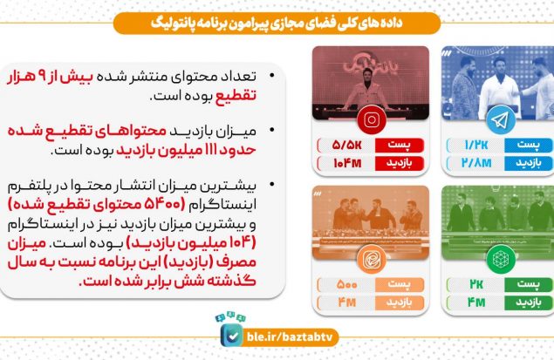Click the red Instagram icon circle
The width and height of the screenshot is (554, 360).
click(x=371, y=120)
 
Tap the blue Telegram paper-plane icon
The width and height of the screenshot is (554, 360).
click(x=500, y=120)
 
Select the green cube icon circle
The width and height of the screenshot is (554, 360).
click(x=500, y=259)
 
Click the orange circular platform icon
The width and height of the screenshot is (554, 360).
click(x=371, y=259)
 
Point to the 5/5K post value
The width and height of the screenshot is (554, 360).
click(x=347, y=145)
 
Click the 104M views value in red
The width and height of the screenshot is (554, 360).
click(x=347, y=163)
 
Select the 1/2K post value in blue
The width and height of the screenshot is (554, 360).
click(x=476, y=145)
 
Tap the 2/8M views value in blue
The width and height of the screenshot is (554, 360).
click(x=476, y=163)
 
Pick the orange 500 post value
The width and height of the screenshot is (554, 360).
click(x=347, y=284)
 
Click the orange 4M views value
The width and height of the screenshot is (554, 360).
click(x=347, y=302)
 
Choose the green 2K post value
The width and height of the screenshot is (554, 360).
click(x=476, y=284)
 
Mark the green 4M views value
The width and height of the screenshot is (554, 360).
click(x=476, y=302)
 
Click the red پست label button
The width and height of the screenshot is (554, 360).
click(x=400, y=145)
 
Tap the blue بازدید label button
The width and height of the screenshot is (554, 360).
click(x=529, y=163)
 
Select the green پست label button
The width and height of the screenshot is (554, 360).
click(x=529, y=284)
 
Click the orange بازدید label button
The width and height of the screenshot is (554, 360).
click(x=400, y=302)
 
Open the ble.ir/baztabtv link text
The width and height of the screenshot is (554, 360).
click(x=290, y=337)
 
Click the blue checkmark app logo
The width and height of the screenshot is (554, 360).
click(x=232, y=336)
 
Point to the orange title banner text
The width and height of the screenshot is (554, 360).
click(x=277, y=24)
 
